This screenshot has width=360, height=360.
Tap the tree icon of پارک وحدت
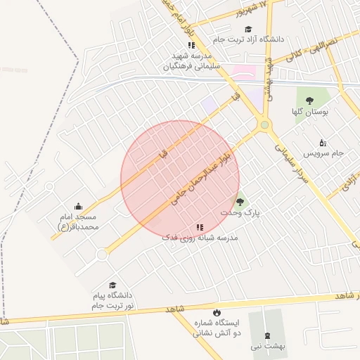coord(240,202)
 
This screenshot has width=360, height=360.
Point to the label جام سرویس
coord(323,152)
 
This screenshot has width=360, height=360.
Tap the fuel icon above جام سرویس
coord(323,141)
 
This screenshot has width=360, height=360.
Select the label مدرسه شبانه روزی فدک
coord(199,238)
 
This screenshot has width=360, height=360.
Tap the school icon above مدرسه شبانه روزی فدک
coord(200,227)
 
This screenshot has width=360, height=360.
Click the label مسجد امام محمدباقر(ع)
coord(78,222)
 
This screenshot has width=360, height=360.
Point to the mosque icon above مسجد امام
coord(78,207)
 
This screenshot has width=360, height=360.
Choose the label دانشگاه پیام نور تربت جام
coord(112,301)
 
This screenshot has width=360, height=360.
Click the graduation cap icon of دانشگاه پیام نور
coord(112,285)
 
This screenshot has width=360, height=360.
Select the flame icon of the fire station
coord(216,312)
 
